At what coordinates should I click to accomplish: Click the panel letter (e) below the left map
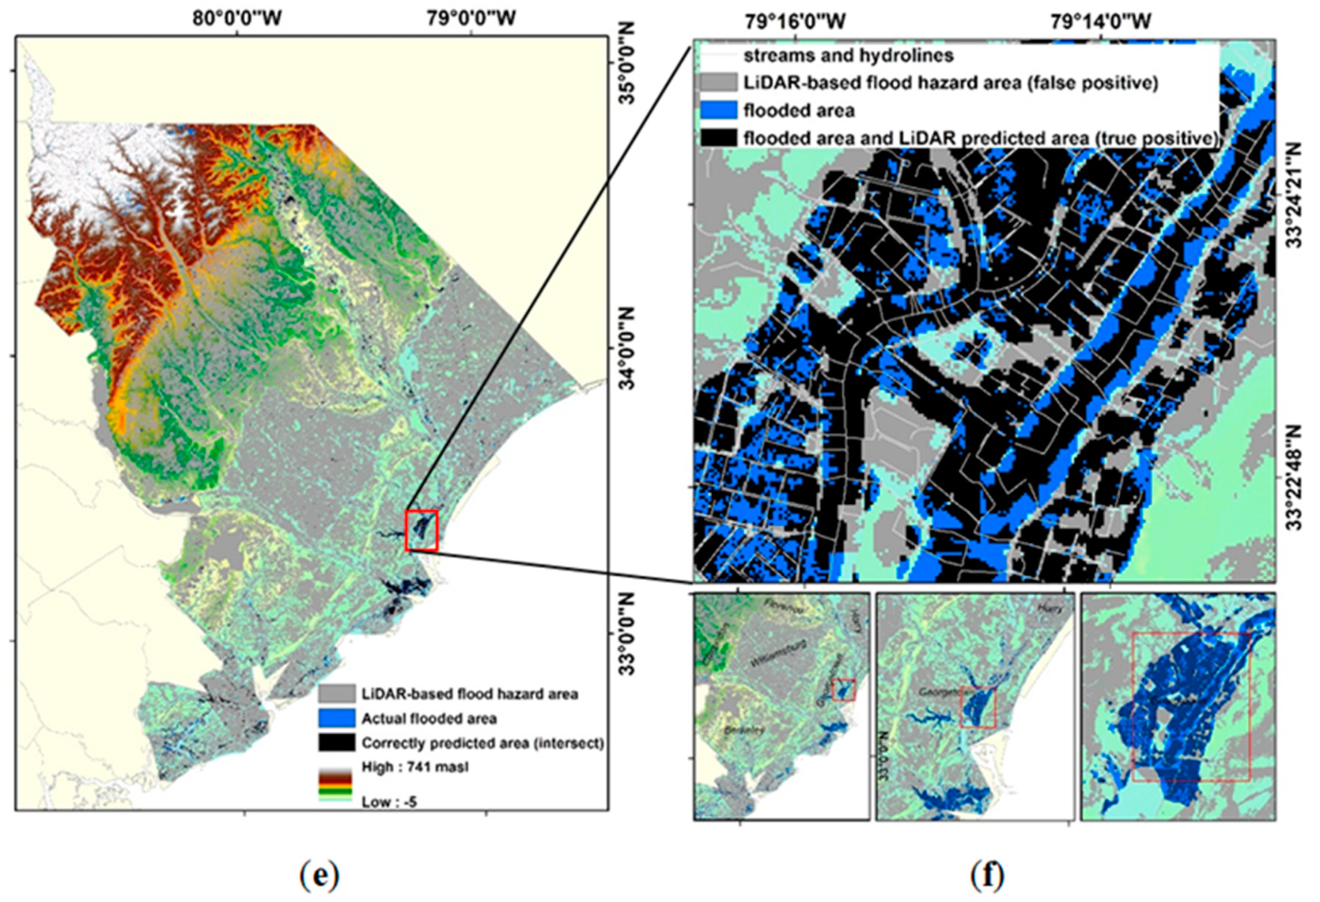tap(319, 876)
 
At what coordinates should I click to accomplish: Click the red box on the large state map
tap(421, 530)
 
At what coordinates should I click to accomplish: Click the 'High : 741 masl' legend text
tap(415, 767)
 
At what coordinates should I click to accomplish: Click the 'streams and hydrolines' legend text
tap(848, 56)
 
